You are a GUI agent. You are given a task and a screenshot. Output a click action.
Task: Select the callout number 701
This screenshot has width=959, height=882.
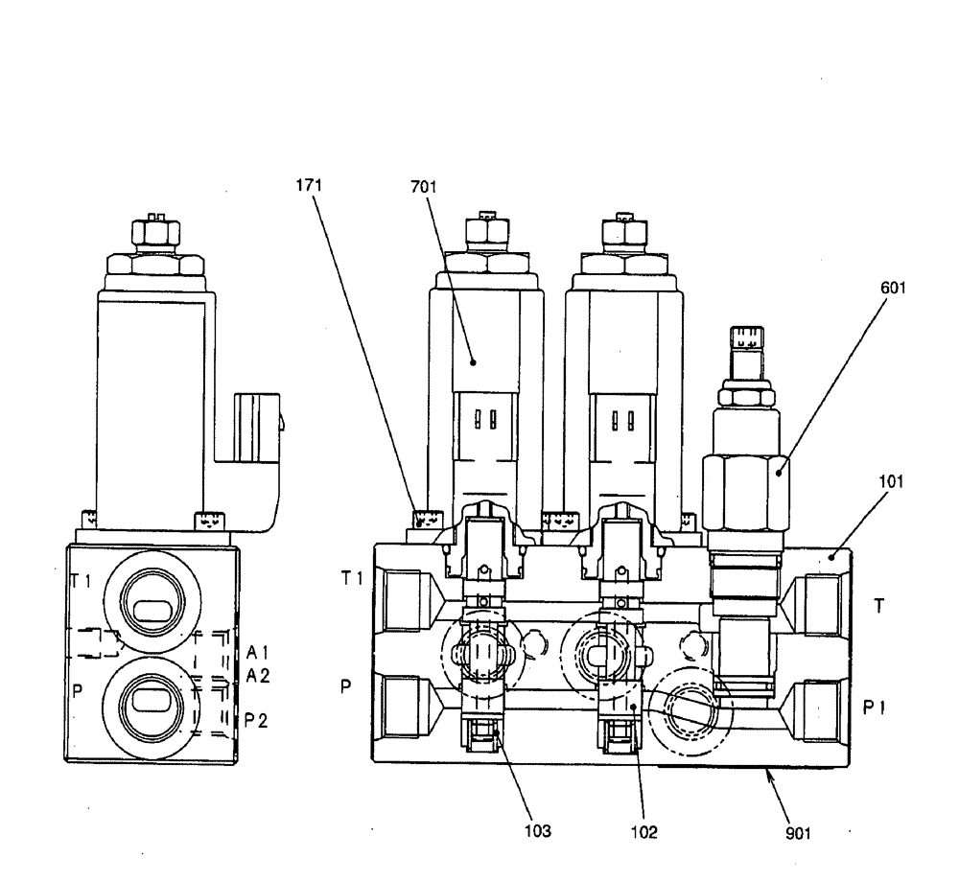(423, 188)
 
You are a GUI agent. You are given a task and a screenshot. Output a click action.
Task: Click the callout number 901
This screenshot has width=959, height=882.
(798, 833)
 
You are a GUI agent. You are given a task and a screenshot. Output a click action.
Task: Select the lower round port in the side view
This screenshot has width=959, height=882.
(151, 702)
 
